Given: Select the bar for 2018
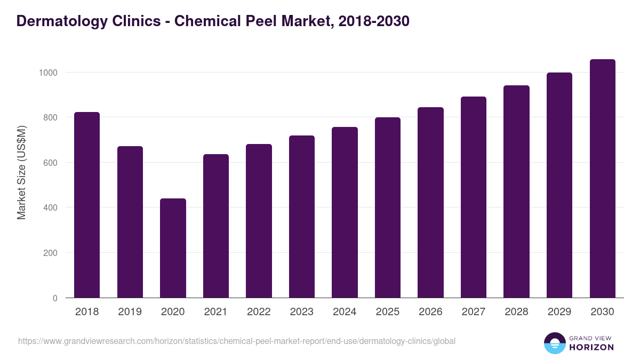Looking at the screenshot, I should [x=87, y=205].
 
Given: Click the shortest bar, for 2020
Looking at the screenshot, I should [x=173, y=248].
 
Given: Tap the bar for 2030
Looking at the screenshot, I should [x=602, y=179].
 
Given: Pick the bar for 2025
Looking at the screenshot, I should [x=388, y=207].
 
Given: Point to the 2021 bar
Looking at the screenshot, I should [x=216, y=226].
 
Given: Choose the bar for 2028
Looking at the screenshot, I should [x=516, y=191].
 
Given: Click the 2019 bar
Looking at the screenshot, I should [x=130, y=222].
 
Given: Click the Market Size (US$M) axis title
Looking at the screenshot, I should [x=21, y=172].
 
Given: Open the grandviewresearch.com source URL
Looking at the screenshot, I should [x=237, y=341].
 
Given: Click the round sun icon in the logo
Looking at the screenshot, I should [x=554, y=343].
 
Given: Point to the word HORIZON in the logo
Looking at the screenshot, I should [x=591, y=347].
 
